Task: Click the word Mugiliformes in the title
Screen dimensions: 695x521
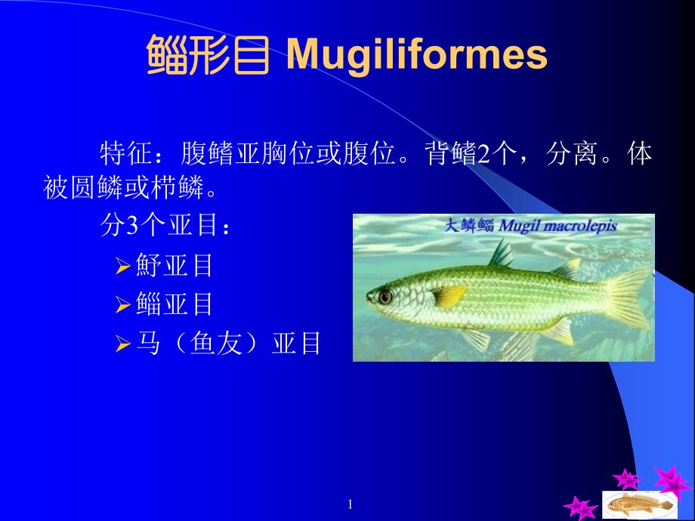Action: [x=417, y=54]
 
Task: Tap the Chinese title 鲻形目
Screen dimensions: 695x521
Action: [x=208, y=54]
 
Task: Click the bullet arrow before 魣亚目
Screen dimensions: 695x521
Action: [x=122, y=266]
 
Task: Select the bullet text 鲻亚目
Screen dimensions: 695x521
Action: [x=174, y=304]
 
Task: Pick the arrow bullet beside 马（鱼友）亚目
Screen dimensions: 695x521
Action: [x=122, y=344]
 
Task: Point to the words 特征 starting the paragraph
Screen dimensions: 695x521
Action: [x=126, y=154]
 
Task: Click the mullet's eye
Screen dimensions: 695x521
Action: [x=385, y=297]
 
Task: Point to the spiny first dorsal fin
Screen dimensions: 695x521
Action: [x=500, y=254]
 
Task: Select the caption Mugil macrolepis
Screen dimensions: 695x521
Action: [x=558, y=226]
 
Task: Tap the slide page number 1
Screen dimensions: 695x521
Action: [x=351, y=504]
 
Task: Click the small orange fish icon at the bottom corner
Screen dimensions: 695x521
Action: [x=639, y=504]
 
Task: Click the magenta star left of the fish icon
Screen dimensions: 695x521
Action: [x=579, y=507]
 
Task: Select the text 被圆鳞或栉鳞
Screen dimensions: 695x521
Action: [x=123, y=187]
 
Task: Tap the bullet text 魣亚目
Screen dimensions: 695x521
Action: [x=174, y=265]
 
